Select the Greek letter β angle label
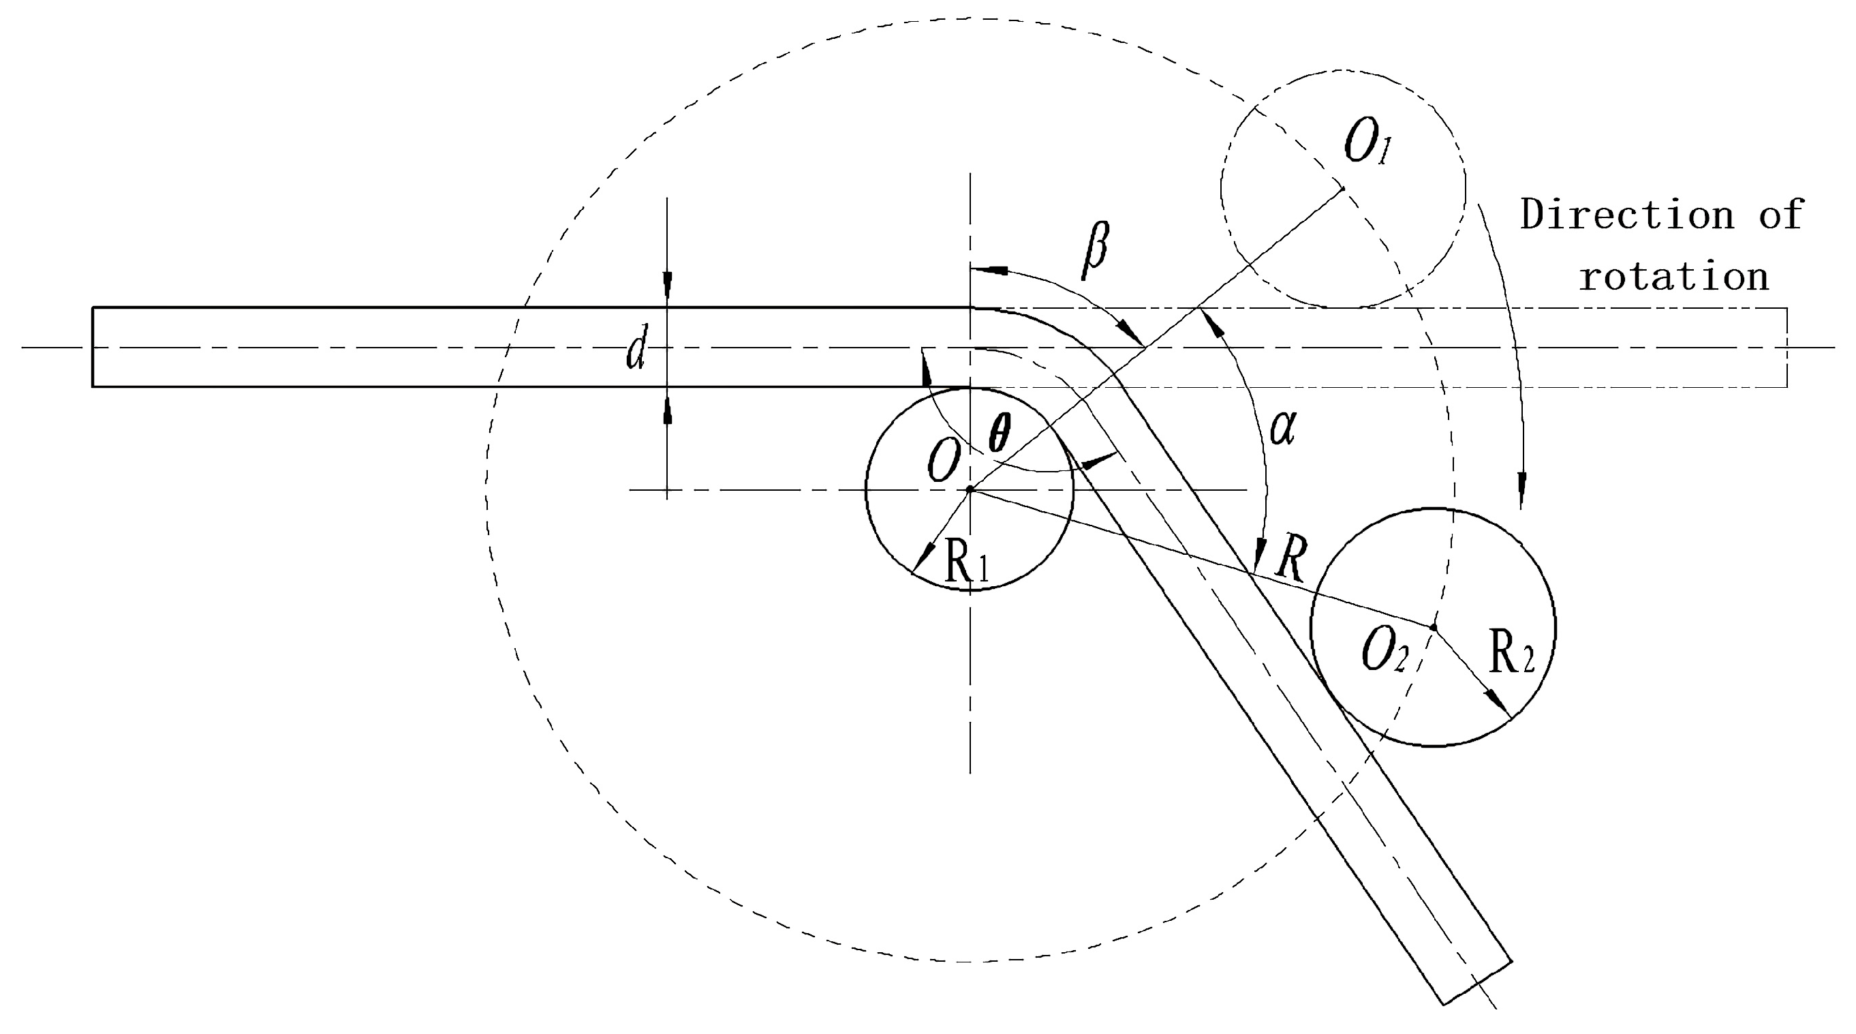click(x=1095, y=250)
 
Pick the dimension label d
click(x=636, y=348)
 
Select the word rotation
click(x=1673, y=277)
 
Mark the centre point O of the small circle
click(x=970, y=490)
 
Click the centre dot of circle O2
click(x=1433, y=628)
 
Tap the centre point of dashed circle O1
click(x=1343, y=188)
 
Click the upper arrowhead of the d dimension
click(x=667, y=284)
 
